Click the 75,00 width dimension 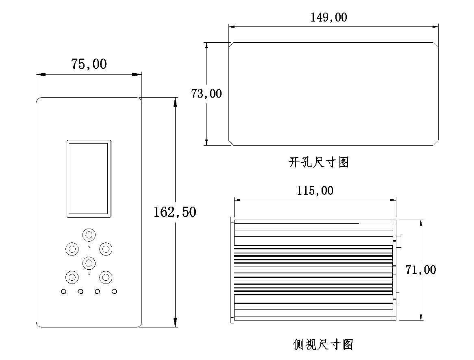point(89,64)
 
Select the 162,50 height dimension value point(175,212)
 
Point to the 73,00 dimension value point(207,94)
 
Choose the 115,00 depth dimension point(315,190)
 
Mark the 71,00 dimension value point(421,270)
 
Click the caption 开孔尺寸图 point(319,163)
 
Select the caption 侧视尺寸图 point(323,345)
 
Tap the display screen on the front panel point(89,178)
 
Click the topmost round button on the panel point(89,235)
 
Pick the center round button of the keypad point(89,263)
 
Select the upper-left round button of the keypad point(72,249)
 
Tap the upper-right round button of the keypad point(106,249)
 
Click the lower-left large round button point(72,277)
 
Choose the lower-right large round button point(106,277)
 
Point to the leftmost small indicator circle point(64,291)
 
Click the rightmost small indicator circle point(114,291)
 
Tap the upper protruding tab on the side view point(399,241)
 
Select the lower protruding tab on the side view point(399,298)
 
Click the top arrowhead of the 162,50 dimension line point(175,102)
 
